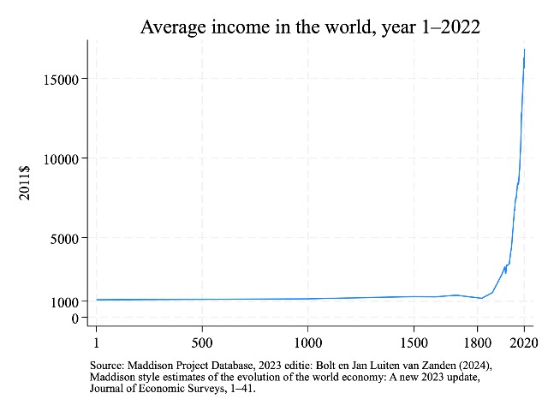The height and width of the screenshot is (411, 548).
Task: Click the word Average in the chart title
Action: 175,27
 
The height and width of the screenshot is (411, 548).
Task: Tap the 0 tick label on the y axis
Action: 75,318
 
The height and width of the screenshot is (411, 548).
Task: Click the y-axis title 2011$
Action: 27,182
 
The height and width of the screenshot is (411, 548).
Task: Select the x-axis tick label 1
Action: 97,342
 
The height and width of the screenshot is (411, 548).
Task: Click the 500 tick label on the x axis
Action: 202,342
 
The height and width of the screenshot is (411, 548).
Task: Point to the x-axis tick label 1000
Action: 308,342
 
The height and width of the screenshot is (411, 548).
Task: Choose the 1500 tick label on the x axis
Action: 414,342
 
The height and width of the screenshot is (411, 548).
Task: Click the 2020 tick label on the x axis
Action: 523,342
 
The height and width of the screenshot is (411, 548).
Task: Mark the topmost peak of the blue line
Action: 524,50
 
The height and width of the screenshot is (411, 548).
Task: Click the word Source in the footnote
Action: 108,365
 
